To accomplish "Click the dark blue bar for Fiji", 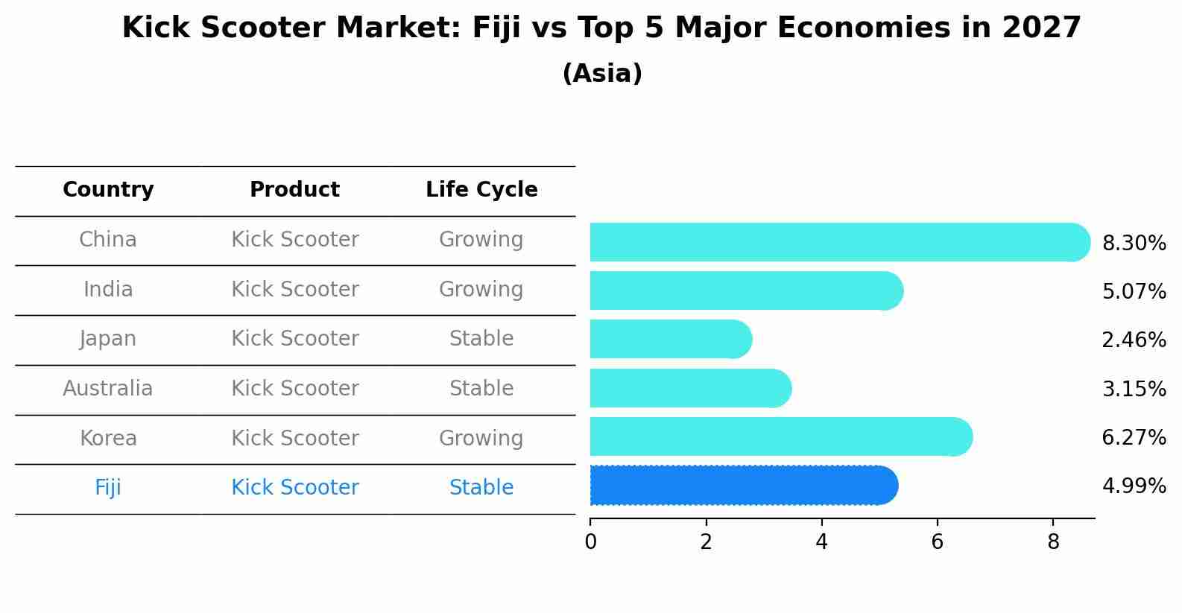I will (744, 486).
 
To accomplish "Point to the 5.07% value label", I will (1134, 291).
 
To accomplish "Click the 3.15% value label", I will (1134, 389).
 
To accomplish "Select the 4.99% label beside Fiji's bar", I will (1134, 486).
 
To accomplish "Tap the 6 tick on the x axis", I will (938, 542).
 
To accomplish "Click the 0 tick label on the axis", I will (590, 542).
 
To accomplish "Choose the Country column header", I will (108, 190).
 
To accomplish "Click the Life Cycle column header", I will (481, 190).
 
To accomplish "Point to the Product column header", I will (294, 190).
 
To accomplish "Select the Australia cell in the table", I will (108, 389).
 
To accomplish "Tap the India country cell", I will (108, 290).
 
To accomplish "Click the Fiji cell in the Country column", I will (108, 488).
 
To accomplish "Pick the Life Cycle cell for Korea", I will (481, 439).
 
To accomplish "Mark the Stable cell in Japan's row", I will (481, 339).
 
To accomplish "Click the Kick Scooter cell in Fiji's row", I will (294, 488).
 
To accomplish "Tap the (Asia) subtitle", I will (602, 74).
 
